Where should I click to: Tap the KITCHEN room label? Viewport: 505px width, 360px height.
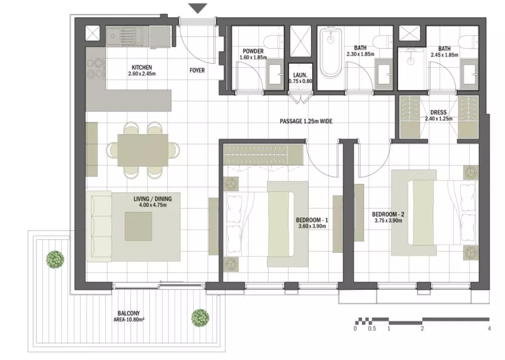pos(142,68)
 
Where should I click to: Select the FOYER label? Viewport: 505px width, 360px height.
pos(197,70)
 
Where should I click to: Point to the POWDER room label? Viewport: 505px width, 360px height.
pos(253,51)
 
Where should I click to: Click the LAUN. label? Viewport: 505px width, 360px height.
pos(300,75)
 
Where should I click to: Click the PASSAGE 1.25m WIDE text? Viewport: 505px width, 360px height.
pos(306,121)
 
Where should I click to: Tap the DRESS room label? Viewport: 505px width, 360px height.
pos(438,112)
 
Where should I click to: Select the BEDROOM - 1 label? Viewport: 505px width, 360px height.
pos(312,220)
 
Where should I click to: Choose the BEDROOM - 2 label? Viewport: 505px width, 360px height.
pos(388,214)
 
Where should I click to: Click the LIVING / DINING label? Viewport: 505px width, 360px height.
pos(153,199)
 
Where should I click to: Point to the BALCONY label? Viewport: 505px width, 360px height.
pos(129,313)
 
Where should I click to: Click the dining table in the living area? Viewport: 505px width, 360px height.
pos(143,150)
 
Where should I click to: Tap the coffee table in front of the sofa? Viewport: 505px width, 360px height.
pos(139,226)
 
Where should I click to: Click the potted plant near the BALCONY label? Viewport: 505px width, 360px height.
pos(200,317)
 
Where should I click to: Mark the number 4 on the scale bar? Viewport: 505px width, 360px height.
pos(489,328)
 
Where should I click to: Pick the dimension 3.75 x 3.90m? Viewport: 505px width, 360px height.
pos(388,221)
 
